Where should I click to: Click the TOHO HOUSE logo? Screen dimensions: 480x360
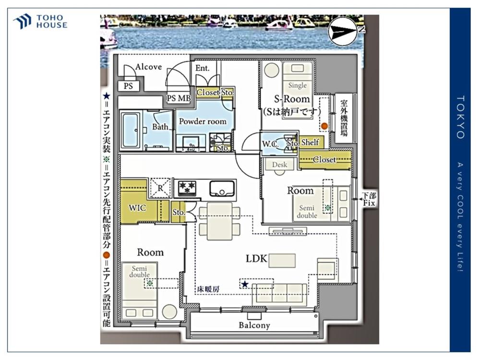pyautogui.click(x=40, y=22)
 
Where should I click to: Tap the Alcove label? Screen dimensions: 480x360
pyautogui.click(x=148, y=67)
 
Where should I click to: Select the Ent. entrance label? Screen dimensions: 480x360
pyautogui.click(x=203, y=68)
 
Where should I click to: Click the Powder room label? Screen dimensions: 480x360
pyautogui.click(x=203, y=121)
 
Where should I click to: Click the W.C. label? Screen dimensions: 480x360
pyautogui.click(x=270, y=144)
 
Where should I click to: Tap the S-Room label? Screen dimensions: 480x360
pyautogui.click(x=292, y=99)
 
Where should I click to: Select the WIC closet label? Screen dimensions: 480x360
pyautogui.click(x=137, y=208)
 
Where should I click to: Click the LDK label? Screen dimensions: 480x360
pyautogui.click(x=256, y=259)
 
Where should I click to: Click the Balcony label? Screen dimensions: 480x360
pyautogui.click(x=254, y=325)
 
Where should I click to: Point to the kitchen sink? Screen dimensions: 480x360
pyautogui.click(x=222, y=188)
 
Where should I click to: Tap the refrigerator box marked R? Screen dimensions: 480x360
pyautogui.click(x=160, y=188)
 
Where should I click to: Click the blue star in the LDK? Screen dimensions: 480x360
pyautogui.click(x=245, y=284)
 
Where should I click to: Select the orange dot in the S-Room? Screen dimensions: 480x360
pyautogui.click(x=324, y=126)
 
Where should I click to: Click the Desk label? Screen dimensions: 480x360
pyautogui.click(x=279, y=165)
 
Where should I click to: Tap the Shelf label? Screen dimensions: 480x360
pyautogui.click(x=310, y=143)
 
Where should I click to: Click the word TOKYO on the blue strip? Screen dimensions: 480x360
pyautogui.click(x=460, y=117)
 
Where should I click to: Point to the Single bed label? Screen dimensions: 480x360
pyautogui.click(x=297, y=85)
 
